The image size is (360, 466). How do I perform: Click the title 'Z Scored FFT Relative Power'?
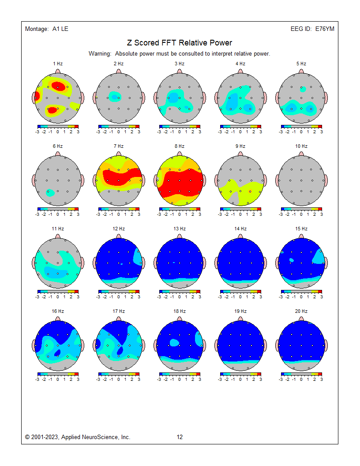[x=180, y=43]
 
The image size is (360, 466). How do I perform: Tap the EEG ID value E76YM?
[x=325, y=29]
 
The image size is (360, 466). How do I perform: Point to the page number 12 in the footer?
[x=180, y=437]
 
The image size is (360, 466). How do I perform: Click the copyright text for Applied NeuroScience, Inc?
[x=78, y=437]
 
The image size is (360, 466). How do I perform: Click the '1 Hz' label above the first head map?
[x=57, y=64]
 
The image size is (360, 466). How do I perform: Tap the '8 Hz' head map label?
[x=179, y=146]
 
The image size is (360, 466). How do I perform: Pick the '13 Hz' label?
[x=179, y=229]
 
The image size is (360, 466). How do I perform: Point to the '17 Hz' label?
[x=118, y=311]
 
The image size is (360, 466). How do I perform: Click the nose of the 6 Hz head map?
[x=57, y=154]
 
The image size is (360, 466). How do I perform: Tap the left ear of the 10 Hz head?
[x=277, y=180]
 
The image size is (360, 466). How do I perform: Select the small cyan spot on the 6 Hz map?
[x=50, y=192]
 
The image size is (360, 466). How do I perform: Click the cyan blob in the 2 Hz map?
[x=114, y=95]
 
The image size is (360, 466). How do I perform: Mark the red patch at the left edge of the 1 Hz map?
[x=37, y=95]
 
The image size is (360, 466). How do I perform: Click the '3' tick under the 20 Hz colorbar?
[x=321, y=379]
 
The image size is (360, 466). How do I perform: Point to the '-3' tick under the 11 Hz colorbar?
[x=37, y=296]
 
